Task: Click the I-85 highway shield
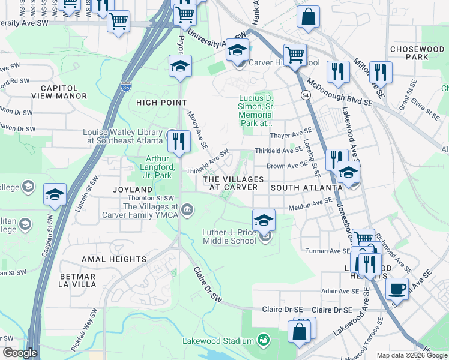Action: pos(125,87)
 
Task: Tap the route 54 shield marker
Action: pos(306,95)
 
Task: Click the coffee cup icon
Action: pos(397,289)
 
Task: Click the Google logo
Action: pos(20,353)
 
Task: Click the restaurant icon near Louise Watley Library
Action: pos(178,142)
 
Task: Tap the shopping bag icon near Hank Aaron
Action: pos(308,18)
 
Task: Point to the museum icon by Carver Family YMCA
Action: pos(187,209)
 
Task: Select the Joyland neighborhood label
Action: pos(130,189)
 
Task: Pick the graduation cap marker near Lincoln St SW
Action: pos(55,195)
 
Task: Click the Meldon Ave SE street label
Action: pos(310,205)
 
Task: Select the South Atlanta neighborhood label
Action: pos(306,188)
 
